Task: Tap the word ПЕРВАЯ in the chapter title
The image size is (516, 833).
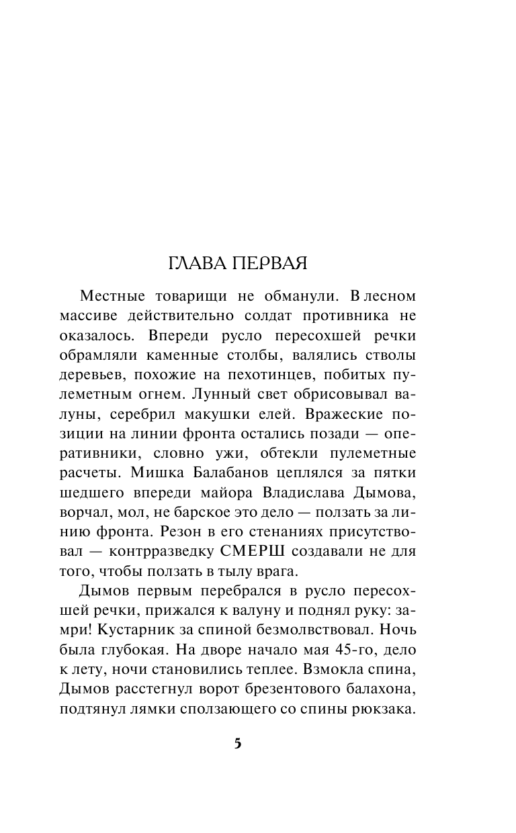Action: [270, 264]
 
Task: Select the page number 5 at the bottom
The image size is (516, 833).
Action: [237, 744]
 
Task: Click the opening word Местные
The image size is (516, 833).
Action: [116, 297]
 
